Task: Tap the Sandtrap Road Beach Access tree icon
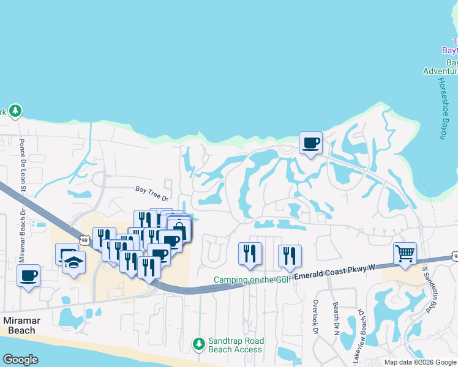coord(198,344)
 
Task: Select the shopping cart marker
coord(405,254)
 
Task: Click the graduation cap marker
coord(74,264)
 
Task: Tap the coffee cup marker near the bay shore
coord(310,143)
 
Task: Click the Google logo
coord(20,360)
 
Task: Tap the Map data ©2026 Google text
coord(419,362)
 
